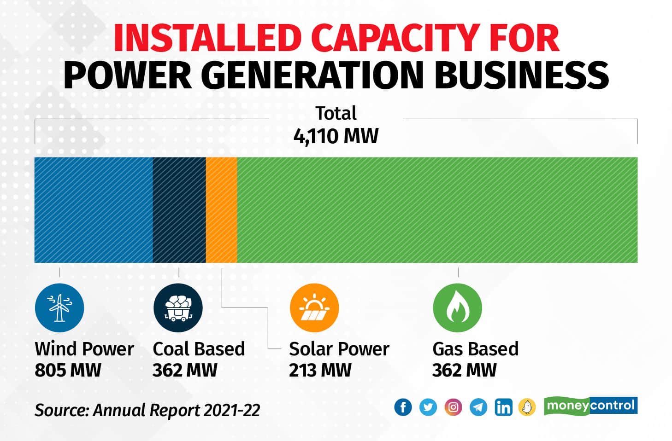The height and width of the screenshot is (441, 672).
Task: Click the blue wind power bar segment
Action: point(94,210)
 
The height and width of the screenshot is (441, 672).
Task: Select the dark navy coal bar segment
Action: point(179,210)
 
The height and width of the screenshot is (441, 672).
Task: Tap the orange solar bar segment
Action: point(221,210)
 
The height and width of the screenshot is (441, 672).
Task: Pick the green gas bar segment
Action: point(437,210)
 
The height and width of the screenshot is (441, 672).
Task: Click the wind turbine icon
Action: point(59,308)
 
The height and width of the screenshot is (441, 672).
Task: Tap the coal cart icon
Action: point(178,308)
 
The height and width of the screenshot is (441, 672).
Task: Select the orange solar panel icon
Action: point(314,308)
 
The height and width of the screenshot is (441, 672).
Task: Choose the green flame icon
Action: point(457,308)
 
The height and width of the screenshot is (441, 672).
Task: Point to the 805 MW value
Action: point(68,370)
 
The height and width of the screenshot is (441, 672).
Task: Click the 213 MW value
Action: point(320,370)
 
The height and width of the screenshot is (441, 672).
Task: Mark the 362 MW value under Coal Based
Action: point(185,370)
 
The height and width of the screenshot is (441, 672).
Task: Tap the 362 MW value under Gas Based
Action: point(464,370)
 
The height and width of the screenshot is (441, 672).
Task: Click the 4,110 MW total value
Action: point(336,136)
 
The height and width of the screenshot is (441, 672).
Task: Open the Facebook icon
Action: point(403,407)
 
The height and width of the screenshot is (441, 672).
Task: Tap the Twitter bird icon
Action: point(428,407)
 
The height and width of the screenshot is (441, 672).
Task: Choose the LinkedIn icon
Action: point(503,407)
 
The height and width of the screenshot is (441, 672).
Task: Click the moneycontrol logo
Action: point(590,406)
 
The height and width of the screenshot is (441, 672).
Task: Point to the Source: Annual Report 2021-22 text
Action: point(147,410)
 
